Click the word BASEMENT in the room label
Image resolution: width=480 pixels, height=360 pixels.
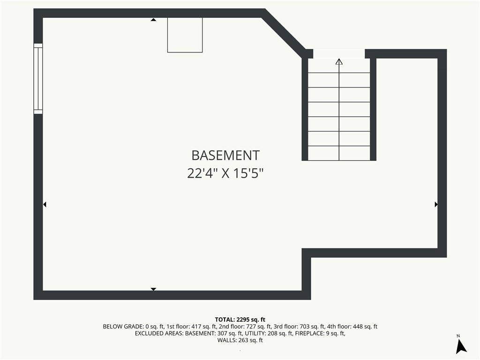coord(225,156)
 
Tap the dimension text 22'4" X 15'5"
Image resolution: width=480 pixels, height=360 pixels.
coord(225,173)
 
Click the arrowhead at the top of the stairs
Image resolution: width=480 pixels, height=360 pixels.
coord(339,61)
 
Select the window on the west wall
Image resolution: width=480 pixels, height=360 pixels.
coord(38,79)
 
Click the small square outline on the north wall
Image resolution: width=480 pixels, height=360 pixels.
coord(185,35)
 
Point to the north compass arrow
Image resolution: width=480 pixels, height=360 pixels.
coord(461,346)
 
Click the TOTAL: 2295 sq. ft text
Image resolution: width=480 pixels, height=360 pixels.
coord(240,320)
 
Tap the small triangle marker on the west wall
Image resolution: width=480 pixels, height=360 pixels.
coord(45,204)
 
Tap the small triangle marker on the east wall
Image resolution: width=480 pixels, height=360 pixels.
coord(436,204)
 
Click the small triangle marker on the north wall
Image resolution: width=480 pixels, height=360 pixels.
coord(153,20)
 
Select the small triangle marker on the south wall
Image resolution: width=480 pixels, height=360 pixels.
coord(153,289)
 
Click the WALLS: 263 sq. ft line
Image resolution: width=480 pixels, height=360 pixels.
coord(240,340)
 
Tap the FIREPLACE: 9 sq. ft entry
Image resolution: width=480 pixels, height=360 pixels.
coord(320,333)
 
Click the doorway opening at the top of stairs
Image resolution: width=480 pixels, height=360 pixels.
coord(339,53)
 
